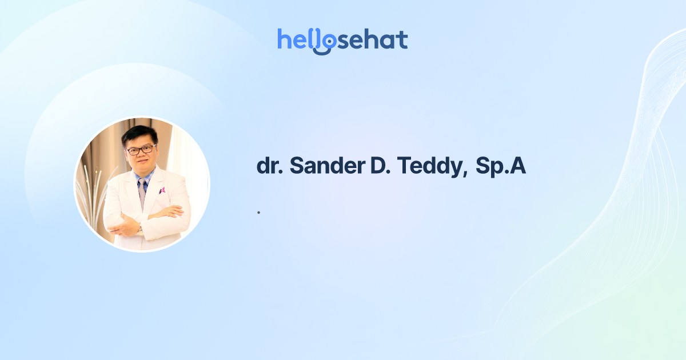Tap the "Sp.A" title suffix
[x=501, y=166]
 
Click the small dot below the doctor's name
[x=258, y=213]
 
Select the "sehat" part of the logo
[x=374, y=39]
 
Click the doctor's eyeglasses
[x=141, y=150]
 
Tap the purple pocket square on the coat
[x=162, y=190]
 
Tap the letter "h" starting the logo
[x=284, y=39]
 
